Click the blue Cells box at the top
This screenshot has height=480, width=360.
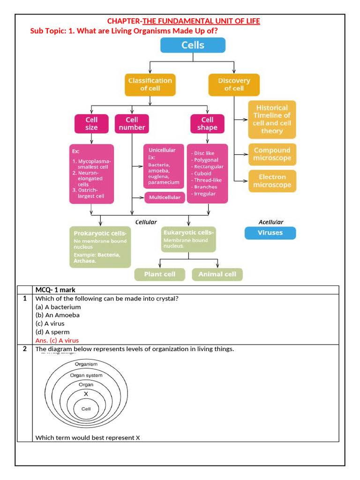tap(193, 45)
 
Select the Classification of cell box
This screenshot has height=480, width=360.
tap(150, 84)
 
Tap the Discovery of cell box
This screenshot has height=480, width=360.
tap(234, 84)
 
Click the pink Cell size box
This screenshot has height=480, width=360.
tap(91, 124)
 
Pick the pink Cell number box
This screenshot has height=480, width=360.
tap(132, 124)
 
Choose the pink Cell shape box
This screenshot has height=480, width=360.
tap(207, 124)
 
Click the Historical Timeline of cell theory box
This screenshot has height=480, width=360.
tap(272, 119)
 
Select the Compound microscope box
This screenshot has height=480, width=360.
tap(272, 154)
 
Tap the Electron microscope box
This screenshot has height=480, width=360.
tap(272, 181)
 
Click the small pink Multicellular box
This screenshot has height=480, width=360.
tap(164, 197)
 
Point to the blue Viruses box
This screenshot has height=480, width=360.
tap(270, 233)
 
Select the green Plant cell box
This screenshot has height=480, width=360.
tap(160, 274)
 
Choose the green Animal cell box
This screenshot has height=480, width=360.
tap(217, 274)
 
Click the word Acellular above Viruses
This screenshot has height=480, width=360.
tap(270, 222)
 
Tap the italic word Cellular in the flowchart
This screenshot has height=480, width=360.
tap(146, 222)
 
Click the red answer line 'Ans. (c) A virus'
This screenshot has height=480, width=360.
tap(57, 340)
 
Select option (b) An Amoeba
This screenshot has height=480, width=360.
tap(58, 315)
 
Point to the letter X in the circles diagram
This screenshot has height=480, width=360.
tap(86, 394)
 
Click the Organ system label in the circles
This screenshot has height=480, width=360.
tap(86, 375)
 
